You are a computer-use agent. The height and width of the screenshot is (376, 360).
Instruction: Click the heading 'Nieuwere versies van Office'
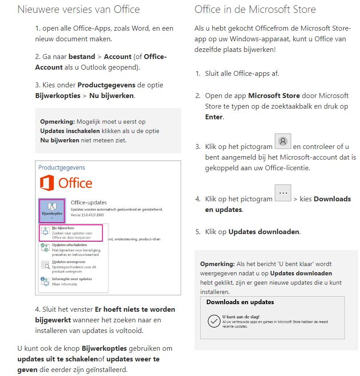79,9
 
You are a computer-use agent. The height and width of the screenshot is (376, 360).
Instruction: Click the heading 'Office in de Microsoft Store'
255,9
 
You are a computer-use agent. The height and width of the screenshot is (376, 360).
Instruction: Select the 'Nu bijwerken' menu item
71,233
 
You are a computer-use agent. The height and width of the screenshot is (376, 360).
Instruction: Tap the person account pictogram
283,141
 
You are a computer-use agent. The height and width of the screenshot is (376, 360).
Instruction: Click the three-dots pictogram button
283,194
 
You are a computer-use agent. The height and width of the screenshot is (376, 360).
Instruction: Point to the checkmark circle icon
214,321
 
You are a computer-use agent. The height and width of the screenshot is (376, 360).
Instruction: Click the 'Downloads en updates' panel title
240,302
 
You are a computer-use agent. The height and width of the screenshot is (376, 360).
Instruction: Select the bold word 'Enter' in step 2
214,117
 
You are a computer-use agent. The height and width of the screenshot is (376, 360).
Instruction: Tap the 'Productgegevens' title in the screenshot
62,168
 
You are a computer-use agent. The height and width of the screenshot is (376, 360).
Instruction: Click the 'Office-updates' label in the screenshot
89,203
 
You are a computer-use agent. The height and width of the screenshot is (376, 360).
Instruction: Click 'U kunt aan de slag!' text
241,317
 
